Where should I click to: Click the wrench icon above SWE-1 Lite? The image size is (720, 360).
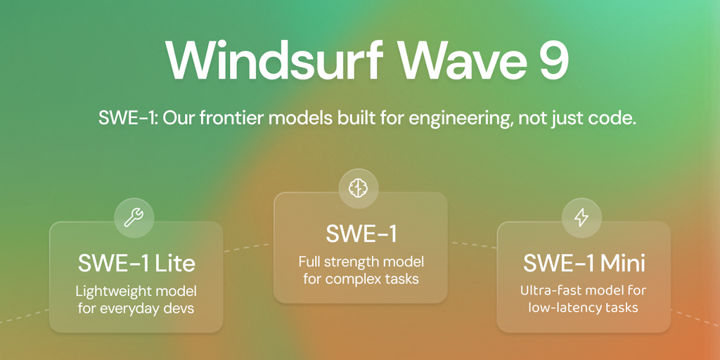pyautogui.click(x=134, y=218)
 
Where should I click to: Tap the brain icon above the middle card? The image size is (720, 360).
pyautogui.click(x=359, y=188)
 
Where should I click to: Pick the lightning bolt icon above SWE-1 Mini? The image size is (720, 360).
pyautogui.click(x=581, y=218)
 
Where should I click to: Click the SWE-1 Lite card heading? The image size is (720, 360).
pyautogui.click(x=137, y=264)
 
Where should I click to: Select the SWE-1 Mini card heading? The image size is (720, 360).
pyautogui.click(x=584, y=264)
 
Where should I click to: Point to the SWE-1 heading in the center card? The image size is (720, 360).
pyautogui.click(x=361, y=234)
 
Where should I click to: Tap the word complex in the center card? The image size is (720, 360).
pyautogui.click(x=355, y=279)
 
